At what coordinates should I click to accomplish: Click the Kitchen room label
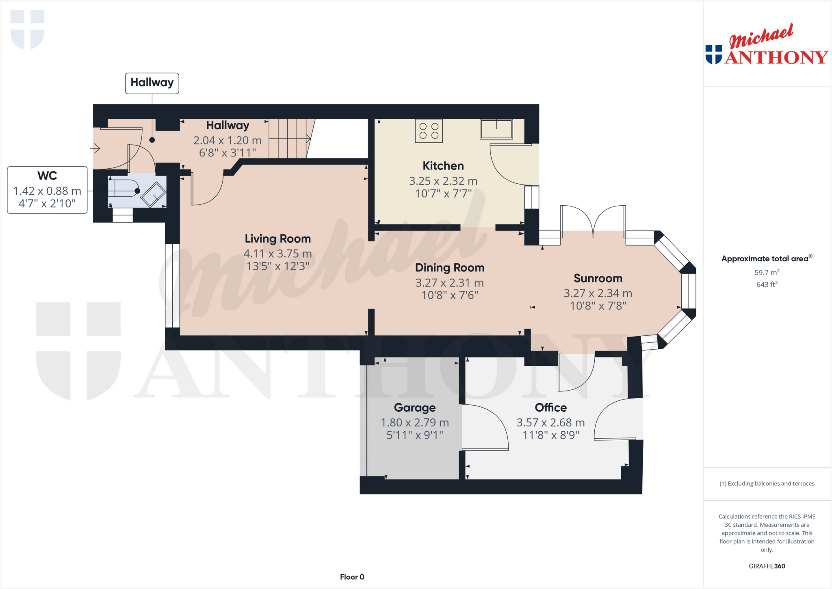click(443, 166)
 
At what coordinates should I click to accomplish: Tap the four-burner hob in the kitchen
click(429, 131)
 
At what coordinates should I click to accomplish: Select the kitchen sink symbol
click(496, 129)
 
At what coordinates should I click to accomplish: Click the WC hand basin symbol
click(153, 194)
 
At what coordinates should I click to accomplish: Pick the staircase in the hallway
click(289, 139)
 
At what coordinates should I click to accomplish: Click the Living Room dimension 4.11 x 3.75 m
click(277, 254)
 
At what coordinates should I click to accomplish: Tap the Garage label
click(414, 408)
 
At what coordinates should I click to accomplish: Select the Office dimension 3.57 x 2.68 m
click(550, 423)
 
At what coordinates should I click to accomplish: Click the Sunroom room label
click(598, 278)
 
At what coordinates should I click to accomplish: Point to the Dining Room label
click(449, 268)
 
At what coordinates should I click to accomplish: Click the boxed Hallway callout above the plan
click(152, 83)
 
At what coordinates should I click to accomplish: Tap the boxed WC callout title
click(47, 176)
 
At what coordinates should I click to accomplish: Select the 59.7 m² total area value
click(767, 272)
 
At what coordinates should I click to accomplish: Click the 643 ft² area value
click(767, 284)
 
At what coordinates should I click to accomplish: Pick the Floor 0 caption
click(352, 577)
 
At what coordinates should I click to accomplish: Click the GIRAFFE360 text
click(767, 566)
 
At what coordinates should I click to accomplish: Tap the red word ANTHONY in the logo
click(776, 57)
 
